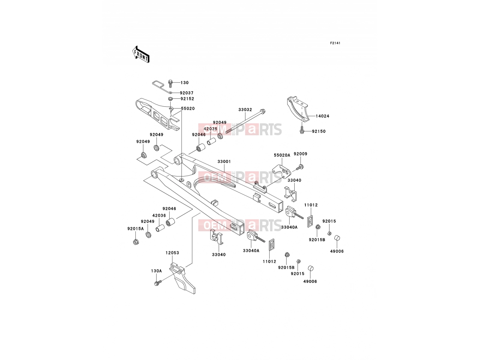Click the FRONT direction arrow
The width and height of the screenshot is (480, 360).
[x=141, y=55]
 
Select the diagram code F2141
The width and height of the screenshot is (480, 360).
[x=335, y=43]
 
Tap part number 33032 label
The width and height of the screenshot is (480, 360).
[x=245, y=110]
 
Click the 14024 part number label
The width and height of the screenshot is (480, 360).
[x=322, y=116]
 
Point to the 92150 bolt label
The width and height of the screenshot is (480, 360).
[x=319, y=131]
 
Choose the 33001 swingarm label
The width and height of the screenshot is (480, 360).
[x=224, y=161]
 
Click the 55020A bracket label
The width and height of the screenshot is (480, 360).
[x=282, y=155]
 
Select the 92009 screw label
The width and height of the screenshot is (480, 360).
[x=301, y=154]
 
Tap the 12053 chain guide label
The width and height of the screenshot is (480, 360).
[x=172, y=253]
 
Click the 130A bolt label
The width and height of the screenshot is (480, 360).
[x=156, y=271]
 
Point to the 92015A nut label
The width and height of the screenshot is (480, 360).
[x=136, y=229]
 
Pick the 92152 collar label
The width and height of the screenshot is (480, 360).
[x=187, y=99]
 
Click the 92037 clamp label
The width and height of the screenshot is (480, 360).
[x=187, y=93]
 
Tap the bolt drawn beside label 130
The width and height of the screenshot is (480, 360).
[x=170, y=84]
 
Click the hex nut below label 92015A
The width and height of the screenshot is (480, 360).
[x=135, y=242]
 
